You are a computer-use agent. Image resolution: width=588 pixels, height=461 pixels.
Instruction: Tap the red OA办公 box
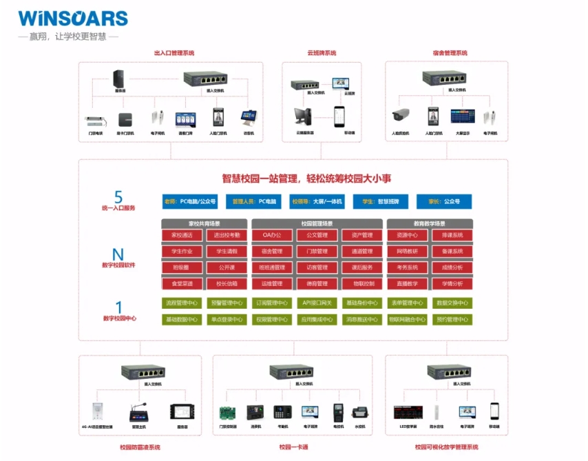pyautogui.click(x=272, y=235)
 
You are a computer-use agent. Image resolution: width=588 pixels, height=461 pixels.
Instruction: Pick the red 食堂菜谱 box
pyautogui.click(x=182, y=283)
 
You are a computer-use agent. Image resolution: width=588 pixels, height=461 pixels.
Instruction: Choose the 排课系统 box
pyautogui.click(x=452, y=235)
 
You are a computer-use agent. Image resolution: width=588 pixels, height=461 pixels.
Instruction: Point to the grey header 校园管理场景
pyautogui.click(x=317, y=223)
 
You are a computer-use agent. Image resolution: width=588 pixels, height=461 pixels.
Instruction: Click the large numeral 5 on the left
pyautogui.click(x=118, y=196)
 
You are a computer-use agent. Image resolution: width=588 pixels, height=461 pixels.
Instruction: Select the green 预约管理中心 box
pyautogui.click(x=452, y=319)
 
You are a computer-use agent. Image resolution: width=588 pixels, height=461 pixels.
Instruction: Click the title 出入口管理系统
pyautogui.click(x=174, y=53)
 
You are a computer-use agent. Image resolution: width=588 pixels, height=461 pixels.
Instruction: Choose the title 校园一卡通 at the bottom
pyautogui.click(x=294, y=447)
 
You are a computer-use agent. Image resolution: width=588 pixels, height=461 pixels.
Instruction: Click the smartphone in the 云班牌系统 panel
pyautogui.click(x=338, y=115)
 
